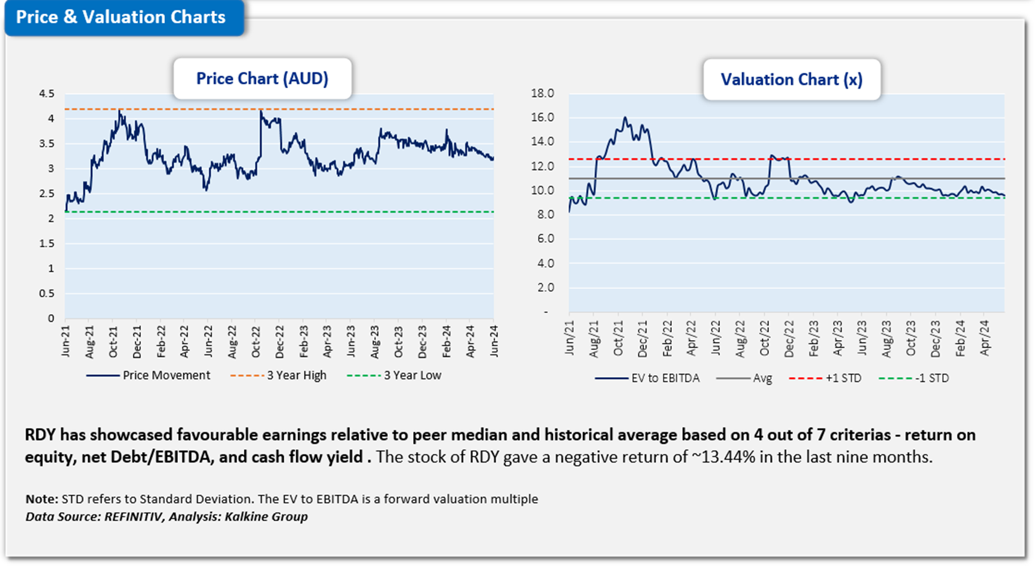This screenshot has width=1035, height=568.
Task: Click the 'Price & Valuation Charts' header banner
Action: tap(121, 17)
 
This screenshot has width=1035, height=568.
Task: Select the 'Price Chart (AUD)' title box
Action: tap(262, 79)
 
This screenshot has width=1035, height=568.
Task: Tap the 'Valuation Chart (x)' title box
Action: tap(791, 80)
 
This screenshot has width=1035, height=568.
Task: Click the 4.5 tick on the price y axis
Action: tap(47, 94)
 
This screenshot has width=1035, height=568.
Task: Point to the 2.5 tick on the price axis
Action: tap(47, 193)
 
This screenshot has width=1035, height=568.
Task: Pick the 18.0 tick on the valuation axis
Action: tap(542, 93)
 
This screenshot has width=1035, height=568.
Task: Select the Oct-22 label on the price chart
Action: tap(256, 341)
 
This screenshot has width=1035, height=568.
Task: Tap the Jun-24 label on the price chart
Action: tap(494, 341)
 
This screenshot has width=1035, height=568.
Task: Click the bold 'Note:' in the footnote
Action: tap(42, 499)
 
